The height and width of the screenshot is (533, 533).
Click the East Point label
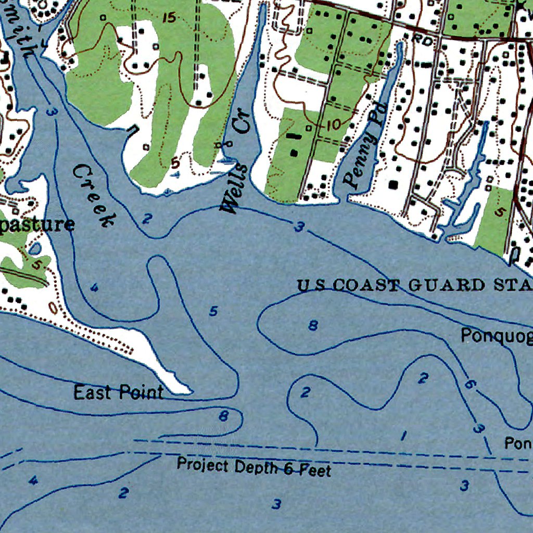point(118,392)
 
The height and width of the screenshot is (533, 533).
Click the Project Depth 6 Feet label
point(253,466)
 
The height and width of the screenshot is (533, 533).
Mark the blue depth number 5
point(213,311)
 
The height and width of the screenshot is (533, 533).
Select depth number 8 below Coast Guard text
point(313,326)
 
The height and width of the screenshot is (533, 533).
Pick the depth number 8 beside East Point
point(223,415)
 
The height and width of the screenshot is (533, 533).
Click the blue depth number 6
point(469,385)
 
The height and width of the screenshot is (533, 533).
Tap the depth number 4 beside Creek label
point(94,287)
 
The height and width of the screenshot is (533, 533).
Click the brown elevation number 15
point(169,18)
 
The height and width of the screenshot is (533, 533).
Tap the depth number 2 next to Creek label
point(147,219)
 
